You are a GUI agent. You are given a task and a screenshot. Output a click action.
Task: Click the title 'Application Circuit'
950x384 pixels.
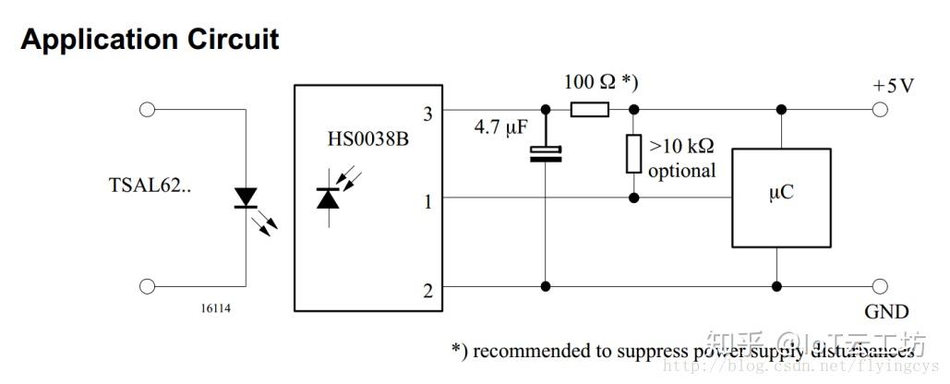click(x=150, y=40)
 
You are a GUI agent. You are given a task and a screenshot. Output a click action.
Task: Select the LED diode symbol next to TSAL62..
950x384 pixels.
click(x=247, y=198)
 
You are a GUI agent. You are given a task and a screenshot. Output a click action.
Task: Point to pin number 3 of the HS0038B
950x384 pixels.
click(x=427, y=114)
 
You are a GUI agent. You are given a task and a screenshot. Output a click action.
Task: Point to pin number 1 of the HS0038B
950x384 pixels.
click(x=427, y=200)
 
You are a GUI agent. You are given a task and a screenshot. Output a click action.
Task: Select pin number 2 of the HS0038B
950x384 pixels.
click(x=427, y=292)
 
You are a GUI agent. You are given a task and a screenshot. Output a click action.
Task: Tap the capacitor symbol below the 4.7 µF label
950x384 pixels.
click(x=546, y=153)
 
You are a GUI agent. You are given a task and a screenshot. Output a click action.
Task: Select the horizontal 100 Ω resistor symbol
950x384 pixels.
click(x=589, y=110)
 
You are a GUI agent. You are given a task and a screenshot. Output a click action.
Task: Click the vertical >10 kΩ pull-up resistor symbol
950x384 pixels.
click(x=633, y=153)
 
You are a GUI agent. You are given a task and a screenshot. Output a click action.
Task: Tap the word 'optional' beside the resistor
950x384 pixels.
click(x=681, y=171)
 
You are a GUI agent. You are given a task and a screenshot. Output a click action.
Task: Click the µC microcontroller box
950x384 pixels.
click(x=780, y=197)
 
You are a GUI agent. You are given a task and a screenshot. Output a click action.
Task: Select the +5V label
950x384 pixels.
click(x=893, y=86)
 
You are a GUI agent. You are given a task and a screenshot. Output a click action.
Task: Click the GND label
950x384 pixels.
click(x=886, y=312)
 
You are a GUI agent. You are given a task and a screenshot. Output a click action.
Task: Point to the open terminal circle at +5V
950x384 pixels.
click(x=880, y=110)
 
